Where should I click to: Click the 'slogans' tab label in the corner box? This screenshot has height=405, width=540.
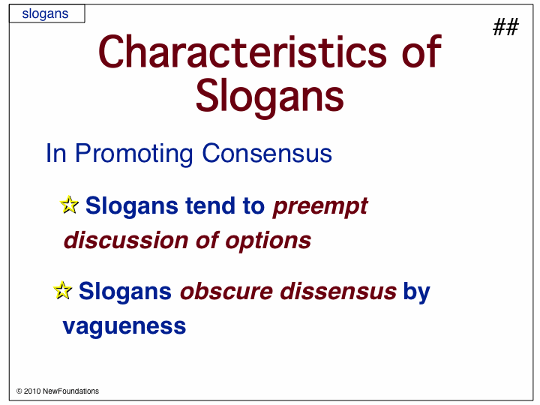45,13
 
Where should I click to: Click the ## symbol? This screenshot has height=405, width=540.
505,27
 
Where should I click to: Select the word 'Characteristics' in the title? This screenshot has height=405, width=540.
242,52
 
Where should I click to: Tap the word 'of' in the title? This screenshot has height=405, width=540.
421,52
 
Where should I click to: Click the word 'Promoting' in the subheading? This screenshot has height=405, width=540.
134,154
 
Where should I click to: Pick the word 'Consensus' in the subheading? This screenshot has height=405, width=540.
267,153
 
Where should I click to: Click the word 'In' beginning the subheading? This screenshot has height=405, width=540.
55,153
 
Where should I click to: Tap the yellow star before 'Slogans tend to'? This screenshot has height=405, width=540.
69,205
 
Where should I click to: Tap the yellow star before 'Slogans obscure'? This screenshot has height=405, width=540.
63,290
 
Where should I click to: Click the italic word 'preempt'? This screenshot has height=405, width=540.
320,207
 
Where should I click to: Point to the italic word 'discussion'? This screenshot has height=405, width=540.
126,240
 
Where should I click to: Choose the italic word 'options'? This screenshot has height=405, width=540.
268,241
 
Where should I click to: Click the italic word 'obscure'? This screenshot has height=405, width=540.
226,291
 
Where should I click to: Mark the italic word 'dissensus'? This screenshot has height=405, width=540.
338,291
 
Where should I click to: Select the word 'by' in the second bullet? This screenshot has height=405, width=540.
417,292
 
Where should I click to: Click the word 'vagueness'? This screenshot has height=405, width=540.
124,326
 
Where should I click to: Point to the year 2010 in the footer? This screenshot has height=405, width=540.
32,391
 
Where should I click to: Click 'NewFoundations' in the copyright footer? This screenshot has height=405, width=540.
71,391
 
